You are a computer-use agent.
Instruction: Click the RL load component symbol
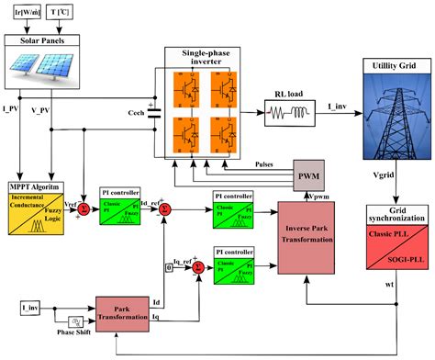[x=291, y=115]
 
